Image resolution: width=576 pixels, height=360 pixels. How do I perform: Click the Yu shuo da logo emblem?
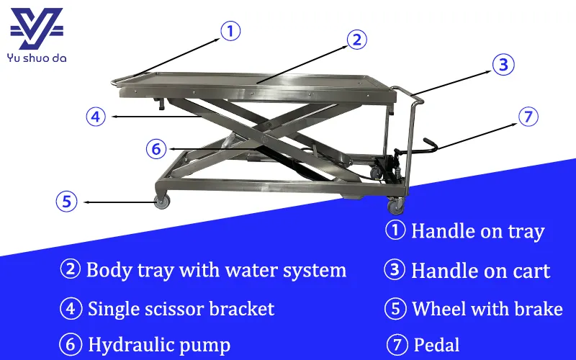[36, 29]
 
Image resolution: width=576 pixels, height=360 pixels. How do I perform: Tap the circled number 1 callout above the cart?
[229, 31]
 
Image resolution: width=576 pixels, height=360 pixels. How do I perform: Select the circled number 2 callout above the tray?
[356, 40]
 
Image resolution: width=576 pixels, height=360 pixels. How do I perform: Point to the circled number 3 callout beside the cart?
[503, 65]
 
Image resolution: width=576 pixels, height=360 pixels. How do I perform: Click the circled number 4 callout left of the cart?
[96, 116]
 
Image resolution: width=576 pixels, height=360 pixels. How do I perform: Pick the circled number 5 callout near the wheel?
[66, 202]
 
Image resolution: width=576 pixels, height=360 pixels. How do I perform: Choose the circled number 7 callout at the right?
[528, 117]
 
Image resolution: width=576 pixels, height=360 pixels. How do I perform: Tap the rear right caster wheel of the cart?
[396, 207]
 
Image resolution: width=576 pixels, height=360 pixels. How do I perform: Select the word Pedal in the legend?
[436, 344]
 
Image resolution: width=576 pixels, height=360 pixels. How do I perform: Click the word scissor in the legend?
[170, 309]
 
